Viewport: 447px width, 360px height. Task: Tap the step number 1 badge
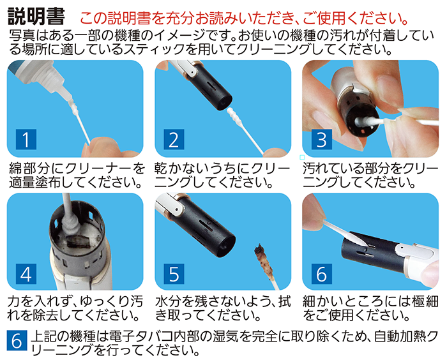26,139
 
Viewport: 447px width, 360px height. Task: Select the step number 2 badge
174,139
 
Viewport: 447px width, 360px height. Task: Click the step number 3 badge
322,139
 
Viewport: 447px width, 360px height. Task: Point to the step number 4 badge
26,274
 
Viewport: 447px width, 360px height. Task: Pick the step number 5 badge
174,274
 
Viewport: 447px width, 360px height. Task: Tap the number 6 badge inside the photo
322,274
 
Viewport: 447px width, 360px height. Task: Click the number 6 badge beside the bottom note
17,340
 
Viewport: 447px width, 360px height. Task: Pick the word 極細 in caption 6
425,301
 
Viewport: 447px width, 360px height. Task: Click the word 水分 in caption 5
169,301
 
